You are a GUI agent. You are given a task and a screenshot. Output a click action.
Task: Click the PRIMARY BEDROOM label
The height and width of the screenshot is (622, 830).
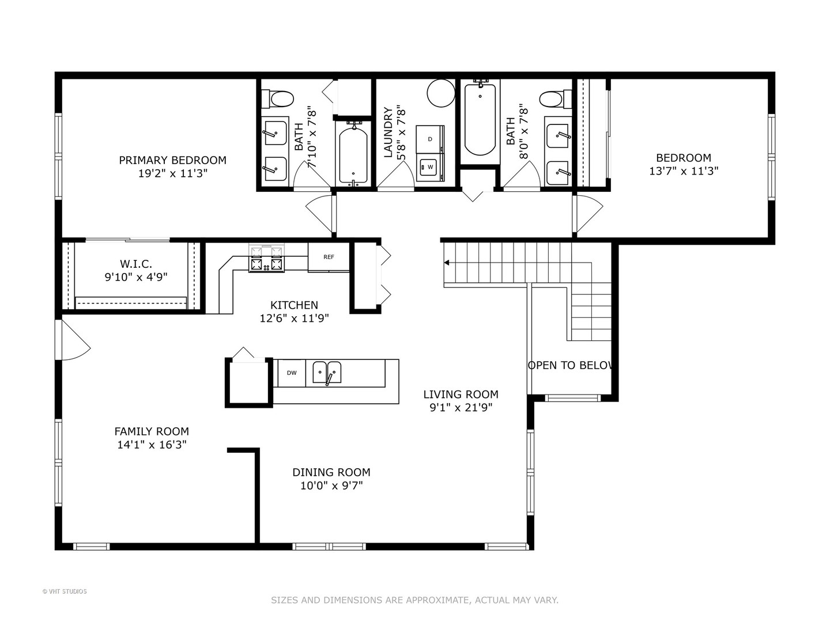pos(172,160)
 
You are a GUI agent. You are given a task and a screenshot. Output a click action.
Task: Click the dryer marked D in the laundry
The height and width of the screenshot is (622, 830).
pos(429,139)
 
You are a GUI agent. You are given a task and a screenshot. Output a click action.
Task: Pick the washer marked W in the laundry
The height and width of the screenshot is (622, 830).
pos(429,167)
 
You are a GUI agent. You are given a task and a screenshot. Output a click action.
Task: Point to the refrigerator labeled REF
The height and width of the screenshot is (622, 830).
pos(328,257)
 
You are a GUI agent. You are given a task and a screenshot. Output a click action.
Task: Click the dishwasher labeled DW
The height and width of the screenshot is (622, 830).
pos(292,373)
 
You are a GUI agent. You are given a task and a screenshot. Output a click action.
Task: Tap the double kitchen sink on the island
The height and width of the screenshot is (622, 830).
pos(327,373)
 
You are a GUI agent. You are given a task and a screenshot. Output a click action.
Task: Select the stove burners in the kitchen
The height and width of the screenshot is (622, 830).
pos(266,258)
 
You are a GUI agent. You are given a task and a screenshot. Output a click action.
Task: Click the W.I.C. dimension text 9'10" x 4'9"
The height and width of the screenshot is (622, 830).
pos(136,277)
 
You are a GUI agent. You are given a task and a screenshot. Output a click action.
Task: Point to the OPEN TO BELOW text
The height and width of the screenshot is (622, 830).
pos(571,365)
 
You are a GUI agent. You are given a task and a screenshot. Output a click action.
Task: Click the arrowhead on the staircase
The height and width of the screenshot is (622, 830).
pos(447,263)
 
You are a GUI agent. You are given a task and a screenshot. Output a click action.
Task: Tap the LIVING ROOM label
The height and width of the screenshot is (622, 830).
pos(461,395)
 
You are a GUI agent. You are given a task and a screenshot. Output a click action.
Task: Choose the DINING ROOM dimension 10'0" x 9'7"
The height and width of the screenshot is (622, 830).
pos(331,486)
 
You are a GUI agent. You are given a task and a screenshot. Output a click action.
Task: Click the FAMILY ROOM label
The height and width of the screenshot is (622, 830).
pos(152,431)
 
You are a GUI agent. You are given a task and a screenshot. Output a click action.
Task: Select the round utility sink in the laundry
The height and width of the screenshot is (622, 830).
pos(441,93)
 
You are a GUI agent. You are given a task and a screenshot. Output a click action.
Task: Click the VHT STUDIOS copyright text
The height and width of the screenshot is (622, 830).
pos(65,591)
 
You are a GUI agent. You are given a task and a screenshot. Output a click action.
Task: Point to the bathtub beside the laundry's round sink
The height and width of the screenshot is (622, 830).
pos(480,120)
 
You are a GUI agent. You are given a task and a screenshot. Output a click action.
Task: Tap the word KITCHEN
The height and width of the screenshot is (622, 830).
pos(294,305)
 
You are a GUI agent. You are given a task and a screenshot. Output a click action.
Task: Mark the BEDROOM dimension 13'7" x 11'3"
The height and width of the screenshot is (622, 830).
pos(684,171)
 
